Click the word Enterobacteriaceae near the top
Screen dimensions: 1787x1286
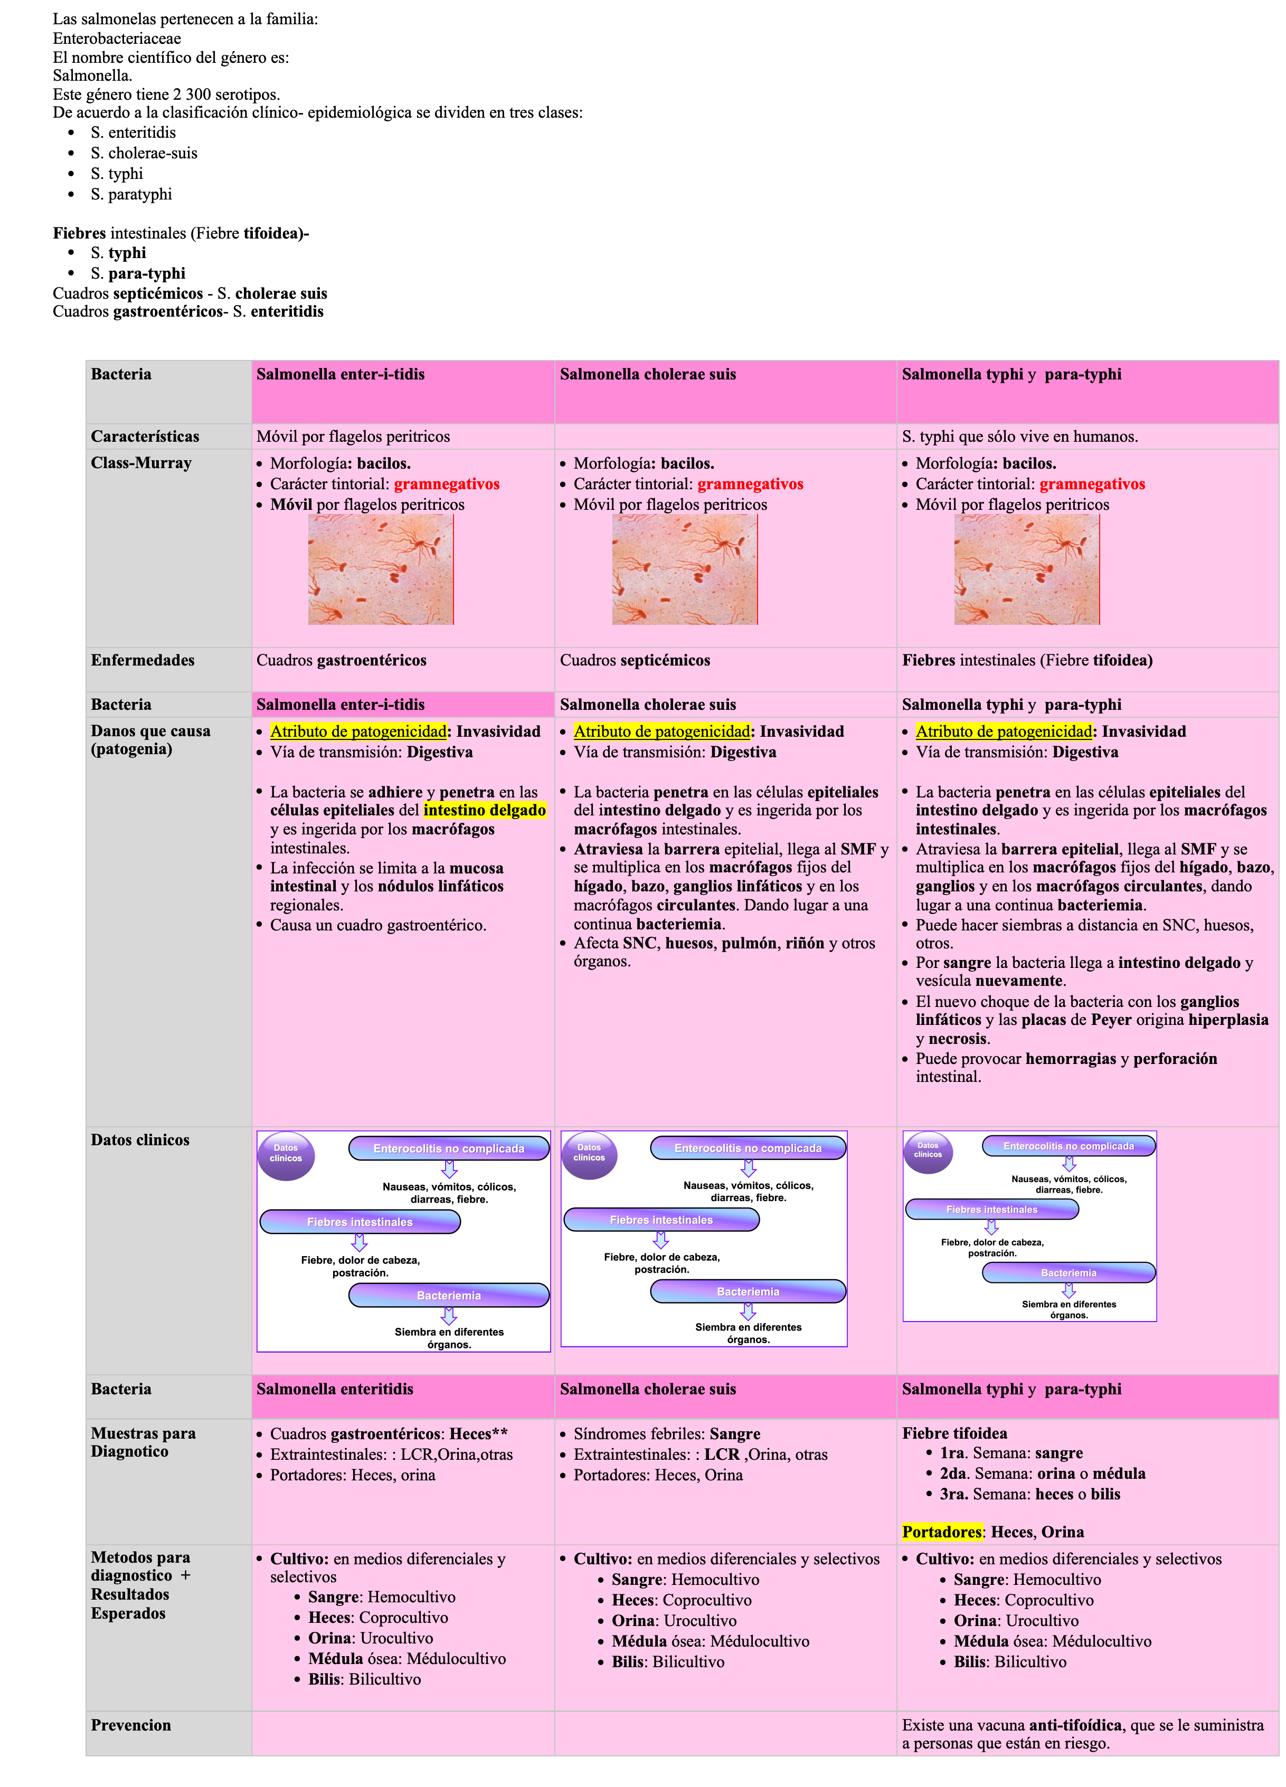tap(117, 39)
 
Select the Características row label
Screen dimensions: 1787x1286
tap(145, 436)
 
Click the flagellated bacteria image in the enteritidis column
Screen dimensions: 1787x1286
tap(381, 569)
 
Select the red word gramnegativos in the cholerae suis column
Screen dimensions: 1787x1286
tap(750, 484)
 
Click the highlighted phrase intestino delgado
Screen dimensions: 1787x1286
tap(485, 810)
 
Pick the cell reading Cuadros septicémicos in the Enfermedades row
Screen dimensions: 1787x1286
tap(635, 660)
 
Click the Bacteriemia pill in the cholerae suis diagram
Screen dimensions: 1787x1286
tap(748, 1291)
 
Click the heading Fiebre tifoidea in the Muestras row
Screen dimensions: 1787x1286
tap(954, 1433)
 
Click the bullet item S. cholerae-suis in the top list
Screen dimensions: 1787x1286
tap(144, 153)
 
